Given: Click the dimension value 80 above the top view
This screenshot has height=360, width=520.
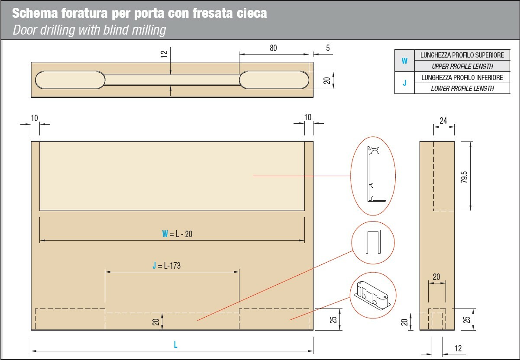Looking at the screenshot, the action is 273,48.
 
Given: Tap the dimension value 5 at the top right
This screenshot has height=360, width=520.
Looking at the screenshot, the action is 328,48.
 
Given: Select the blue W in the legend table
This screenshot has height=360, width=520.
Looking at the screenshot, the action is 404,61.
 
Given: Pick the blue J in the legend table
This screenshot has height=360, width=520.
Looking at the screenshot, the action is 404,83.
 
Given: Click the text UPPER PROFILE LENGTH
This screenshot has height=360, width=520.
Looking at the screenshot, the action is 462,66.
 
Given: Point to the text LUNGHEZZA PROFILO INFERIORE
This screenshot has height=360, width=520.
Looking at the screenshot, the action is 462,77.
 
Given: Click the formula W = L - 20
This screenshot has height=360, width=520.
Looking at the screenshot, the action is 177,234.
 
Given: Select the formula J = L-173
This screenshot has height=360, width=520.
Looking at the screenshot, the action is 166,265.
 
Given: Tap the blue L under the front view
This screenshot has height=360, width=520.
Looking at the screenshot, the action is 175,344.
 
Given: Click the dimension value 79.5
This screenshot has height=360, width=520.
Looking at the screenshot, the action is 464,177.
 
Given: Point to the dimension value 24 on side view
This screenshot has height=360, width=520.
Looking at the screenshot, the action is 443,121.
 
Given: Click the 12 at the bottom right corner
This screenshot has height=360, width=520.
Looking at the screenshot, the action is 458,348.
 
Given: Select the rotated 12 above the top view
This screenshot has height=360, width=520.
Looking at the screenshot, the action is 164,54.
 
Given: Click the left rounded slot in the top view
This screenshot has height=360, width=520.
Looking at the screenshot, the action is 70,80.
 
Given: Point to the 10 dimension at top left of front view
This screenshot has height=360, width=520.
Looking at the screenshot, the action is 34,118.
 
